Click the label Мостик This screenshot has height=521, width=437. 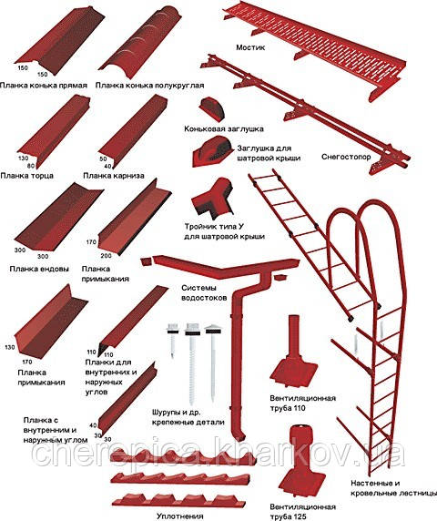pos(250,47)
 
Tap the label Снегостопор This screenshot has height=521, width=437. pos(346,157)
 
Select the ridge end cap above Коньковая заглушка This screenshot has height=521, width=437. pos(212,108)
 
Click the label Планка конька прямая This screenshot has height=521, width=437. pos(44,86)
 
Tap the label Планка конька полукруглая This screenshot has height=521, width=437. pos(149,86)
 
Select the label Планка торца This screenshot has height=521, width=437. pos(27,175)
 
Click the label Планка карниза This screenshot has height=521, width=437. pos(114,175)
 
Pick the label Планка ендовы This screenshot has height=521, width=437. pos(39,269)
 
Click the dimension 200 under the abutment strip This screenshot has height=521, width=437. pos(106,256)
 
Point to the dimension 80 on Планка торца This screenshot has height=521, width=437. pos(31,165)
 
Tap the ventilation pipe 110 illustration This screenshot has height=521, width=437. pos(294,352)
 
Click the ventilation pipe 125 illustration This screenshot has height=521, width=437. pos(297,461)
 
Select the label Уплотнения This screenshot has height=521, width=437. pos(179,516)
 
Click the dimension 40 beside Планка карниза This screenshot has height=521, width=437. pos(107,166)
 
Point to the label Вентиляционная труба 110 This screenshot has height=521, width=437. pos(302,403)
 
